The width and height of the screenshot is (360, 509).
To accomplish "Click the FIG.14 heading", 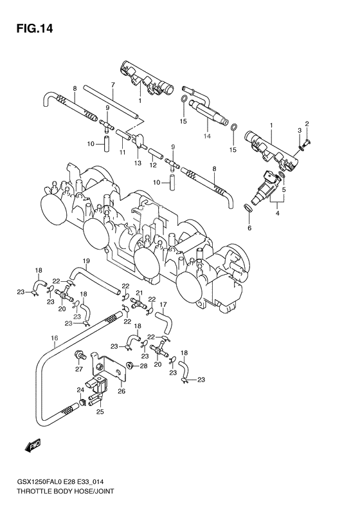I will click(30, 28).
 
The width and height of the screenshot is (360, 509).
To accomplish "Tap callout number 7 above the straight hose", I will click(112, 84).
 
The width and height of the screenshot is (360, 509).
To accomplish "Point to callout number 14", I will click(207, 136).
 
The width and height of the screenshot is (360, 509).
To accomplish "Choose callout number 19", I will click(86, 260).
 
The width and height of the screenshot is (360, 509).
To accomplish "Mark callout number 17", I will click(163, 304).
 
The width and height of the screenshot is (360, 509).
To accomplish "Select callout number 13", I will click(137, 163).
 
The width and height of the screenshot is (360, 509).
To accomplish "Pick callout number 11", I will click(122, 152).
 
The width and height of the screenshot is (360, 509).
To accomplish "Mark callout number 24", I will click(81, 390).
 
